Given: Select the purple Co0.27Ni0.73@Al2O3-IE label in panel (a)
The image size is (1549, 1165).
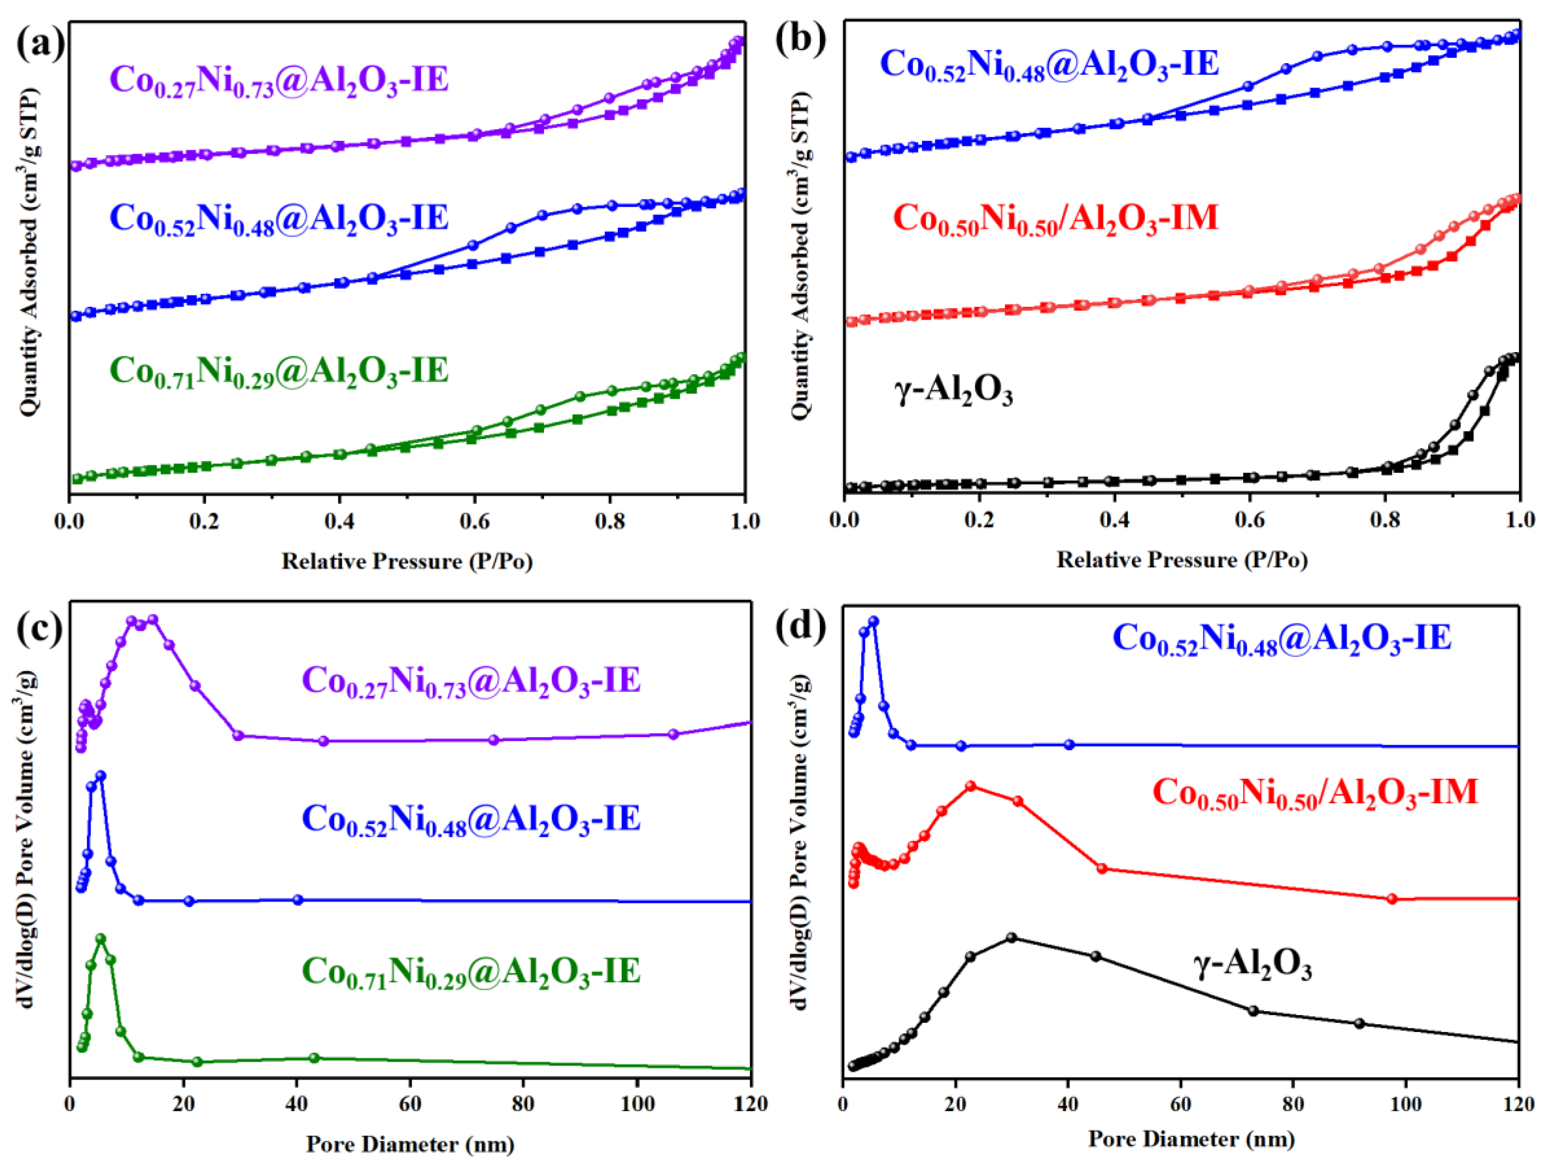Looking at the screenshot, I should pyautogui.click(x=279, y=81).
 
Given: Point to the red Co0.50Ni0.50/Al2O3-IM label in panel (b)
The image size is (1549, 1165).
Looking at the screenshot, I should pyautogui.click(x=1055, y=218).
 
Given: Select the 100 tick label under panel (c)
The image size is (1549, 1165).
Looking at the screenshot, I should pyautogui.click(x=637, y=1104).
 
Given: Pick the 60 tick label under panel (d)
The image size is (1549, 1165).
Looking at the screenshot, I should pyautogui.click(x=1181, y=1104).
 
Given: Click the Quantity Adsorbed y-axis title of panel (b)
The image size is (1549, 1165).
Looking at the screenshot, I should pyautogui.click(x=800, y=256).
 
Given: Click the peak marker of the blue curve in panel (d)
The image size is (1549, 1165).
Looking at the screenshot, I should pyautogui.click(x=873, y=622).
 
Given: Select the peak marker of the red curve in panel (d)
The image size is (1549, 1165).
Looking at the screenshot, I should pyautogui.click(x=970, y=786).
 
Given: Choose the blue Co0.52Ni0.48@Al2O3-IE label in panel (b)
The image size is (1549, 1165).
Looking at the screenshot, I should pyautogui.click(x=1049, y=64).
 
